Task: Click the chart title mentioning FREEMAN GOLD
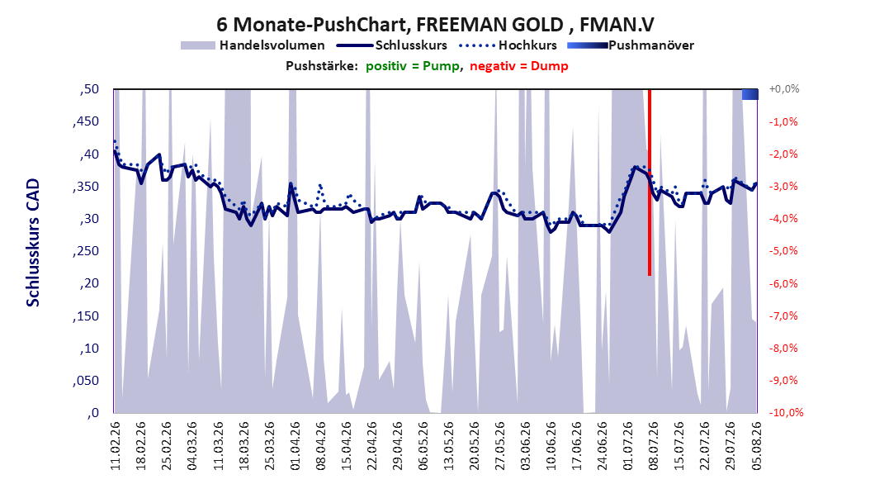435,25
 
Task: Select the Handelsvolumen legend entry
253,45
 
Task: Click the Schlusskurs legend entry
392,45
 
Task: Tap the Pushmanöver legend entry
631,45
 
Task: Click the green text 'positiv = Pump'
413,66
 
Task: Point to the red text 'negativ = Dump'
519,66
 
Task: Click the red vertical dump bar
649,182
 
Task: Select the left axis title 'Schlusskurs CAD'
33,243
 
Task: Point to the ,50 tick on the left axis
89,89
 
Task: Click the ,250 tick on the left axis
86,251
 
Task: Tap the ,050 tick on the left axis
86,381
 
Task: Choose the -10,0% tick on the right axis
786,412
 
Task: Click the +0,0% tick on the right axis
784,89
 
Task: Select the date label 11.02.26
116,446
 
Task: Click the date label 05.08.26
756,446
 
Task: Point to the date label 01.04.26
296,446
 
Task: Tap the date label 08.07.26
654,446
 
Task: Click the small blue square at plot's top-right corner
750,94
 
